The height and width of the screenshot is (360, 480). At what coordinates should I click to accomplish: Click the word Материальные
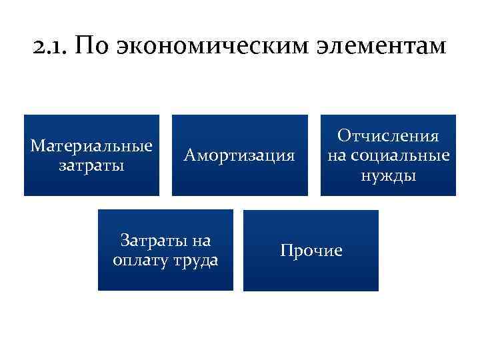(x=91, y=146)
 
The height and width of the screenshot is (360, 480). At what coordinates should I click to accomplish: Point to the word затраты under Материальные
(x=91, y=165)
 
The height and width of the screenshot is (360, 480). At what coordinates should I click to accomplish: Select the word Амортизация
(x=240, y=156)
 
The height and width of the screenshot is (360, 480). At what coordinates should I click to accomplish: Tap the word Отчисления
(x=388, y=137)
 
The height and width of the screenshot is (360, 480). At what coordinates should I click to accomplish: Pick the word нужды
(x=388, y=176)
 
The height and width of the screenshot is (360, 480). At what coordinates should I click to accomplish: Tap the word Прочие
(x=311, y=251)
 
